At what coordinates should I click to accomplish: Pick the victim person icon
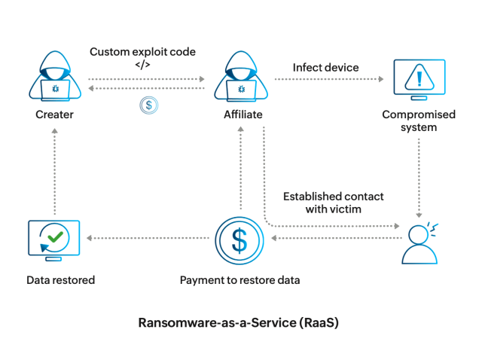tap(419, 244)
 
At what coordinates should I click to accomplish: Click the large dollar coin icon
tap(239, 240)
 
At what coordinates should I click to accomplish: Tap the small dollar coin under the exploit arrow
tap(148, 105)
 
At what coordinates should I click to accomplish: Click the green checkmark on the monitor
tap(54, 237)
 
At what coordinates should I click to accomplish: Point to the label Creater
tap(54, 114)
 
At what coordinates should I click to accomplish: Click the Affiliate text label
tap(242, 114)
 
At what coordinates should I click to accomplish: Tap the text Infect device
tap(325, 67)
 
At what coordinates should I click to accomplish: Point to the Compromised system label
tap(419, 121)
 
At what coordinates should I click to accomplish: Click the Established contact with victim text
tap(333, 202)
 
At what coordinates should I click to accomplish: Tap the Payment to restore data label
tap(239, 280)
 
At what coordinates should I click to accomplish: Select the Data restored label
tap(60, 280)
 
